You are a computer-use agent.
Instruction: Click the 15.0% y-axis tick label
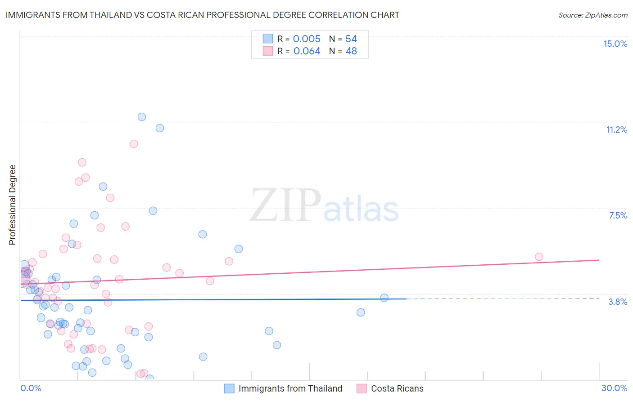615,44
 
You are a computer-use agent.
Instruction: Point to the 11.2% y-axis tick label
616,129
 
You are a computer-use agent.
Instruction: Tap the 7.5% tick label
618,215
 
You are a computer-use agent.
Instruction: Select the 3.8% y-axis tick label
618,302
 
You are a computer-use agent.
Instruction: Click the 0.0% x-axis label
31,388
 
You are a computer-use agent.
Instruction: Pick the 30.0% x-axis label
614,388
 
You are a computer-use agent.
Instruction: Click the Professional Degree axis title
12,205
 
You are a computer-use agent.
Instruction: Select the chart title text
202,15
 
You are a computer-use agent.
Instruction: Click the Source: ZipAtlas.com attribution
592,15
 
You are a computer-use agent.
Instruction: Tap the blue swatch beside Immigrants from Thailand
229,388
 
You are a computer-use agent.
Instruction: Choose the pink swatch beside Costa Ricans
362,388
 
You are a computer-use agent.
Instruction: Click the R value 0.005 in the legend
307,39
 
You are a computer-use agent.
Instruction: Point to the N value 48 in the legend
351,51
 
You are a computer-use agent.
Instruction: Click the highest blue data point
142,117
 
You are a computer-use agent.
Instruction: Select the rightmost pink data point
539,257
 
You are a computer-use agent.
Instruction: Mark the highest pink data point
134,144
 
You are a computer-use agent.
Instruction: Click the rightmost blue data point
384,298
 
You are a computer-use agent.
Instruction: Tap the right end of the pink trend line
599,260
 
